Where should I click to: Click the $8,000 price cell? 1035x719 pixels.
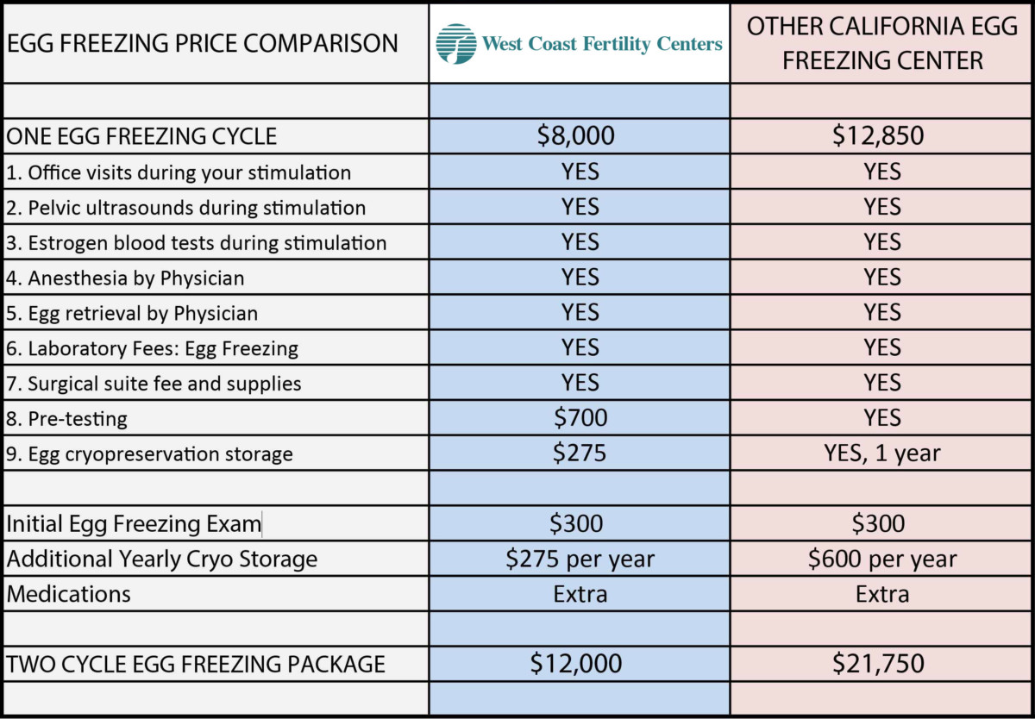pyautogui.click(x=580, y=135)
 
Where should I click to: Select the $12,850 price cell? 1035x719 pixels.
pyautogui.click(x=882, y=135)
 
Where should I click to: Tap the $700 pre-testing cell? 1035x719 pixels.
pyautogui.click(x=580, y=418)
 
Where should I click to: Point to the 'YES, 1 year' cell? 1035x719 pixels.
pyautogui.click(x=882, y=453)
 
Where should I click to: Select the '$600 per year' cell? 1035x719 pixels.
pyautogui.click(x=882, y=559)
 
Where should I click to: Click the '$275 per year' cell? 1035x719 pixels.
pyautogui.click(x=580, y=559)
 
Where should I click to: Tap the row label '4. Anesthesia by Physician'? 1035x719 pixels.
pyautogui.click(x=125, y=278)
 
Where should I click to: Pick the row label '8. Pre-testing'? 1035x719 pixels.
pyautogui.click(x=67, y=419)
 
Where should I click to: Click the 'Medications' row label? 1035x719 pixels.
pyautogui.click(x=69, y=594)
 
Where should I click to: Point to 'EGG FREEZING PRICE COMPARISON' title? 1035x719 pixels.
pyautogui.click(x=203, y=43)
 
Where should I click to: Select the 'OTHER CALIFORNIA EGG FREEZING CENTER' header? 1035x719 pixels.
pyautogui.click(x=881, y=43)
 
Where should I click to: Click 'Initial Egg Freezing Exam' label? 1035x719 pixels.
pyautogui.click(x=134, y=523)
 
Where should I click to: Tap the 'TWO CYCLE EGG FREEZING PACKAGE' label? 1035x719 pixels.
pyautogui.click(x=196, y=665)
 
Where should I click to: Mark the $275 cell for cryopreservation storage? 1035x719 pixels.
pyautogui.click(x=580, y=453)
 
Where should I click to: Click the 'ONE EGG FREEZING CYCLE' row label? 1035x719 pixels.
pyautogui.click(x=141, y=136)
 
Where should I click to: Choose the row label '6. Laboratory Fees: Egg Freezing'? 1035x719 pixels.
pyautogui.click(x=152, y=348)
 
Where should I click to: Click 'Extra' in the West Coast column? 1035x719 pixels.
pyautogui.click(x=580, y=594)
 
